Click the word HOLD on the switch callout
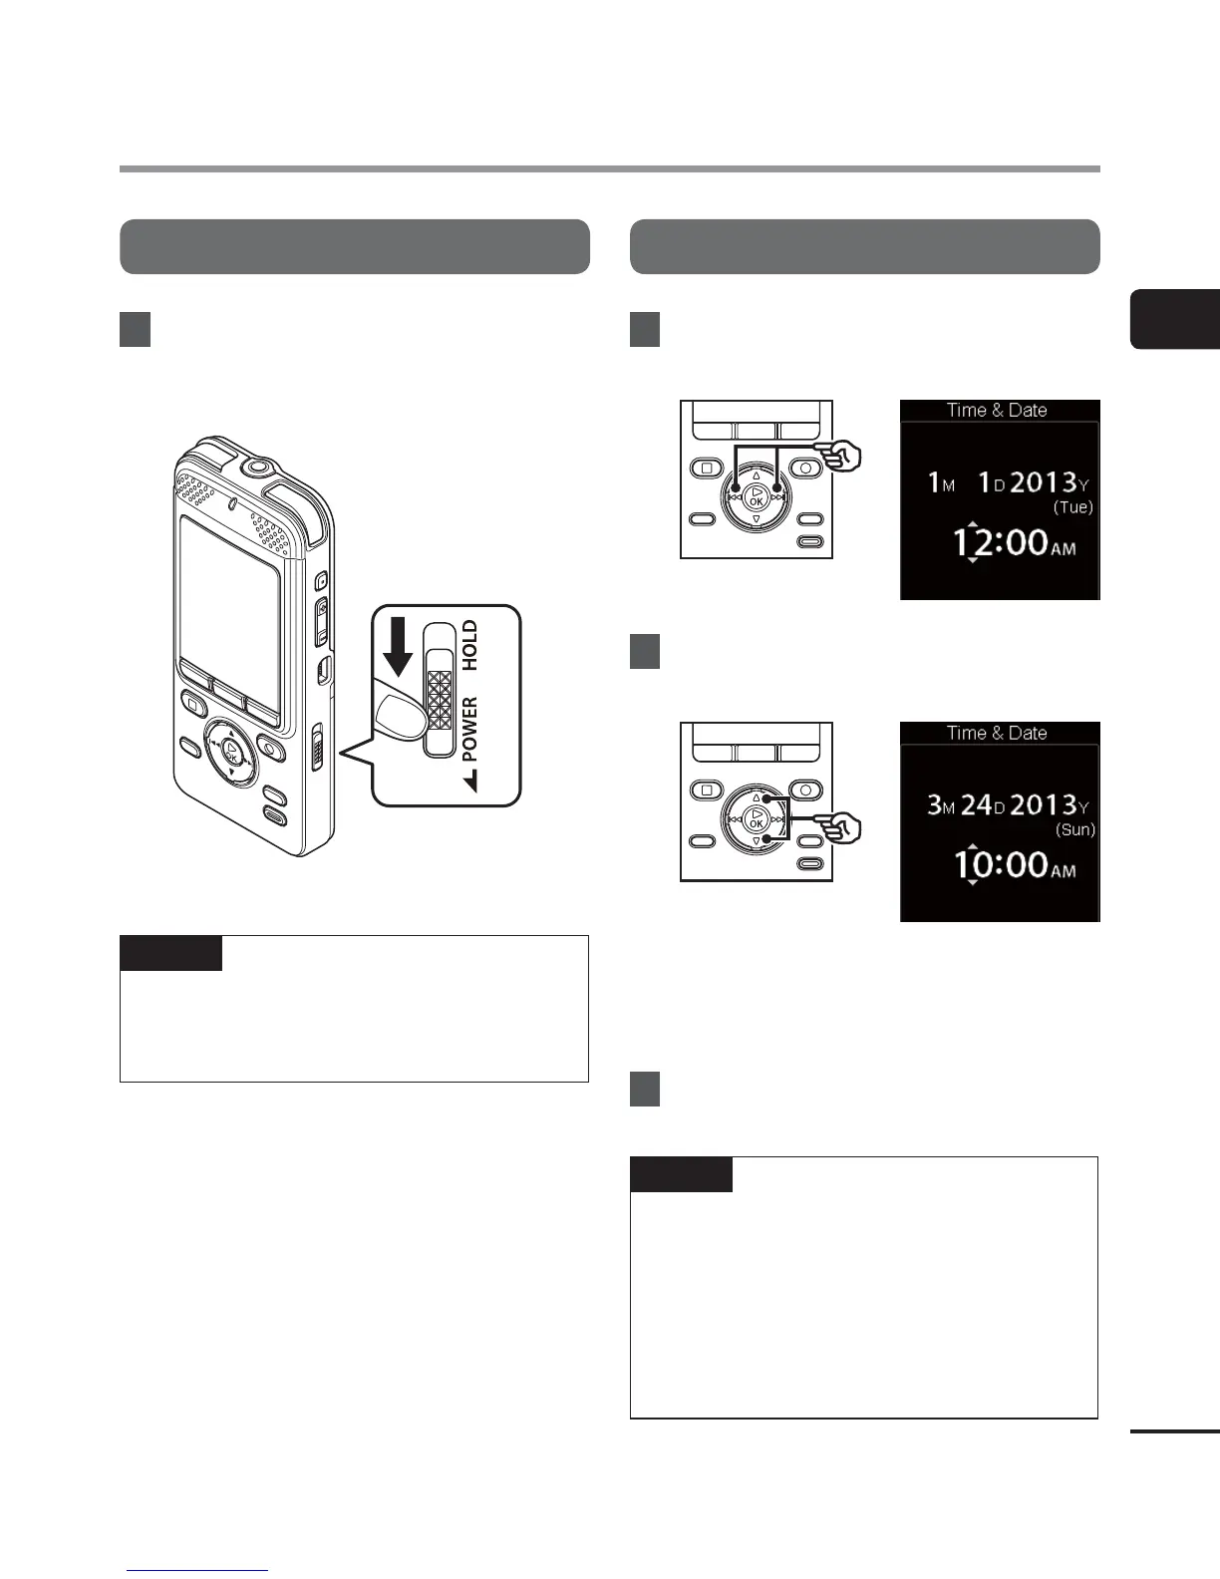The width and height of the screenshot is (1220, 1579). pyautogui.click(x=470, y=644)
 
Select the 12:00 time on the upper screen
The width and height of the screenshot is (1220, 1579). pyautogui.click(x=1000, y=543)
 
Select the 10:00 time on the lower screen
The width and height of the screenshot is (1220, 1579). pyautogui.click(x=1000, y=864)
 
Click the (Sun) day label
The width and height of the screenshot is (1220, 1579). pyautogui.click(x=1074, y=829)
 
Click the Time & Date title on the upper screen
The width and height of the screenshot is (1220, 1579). pyautogui.click(x=997, y=410)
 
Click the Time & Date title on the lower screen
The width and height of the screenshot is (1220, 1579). pyautogui.click(x=997, y=733)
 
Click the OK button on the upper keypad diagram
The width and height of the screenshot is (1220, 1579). pyautogui.click(x=756, y=496)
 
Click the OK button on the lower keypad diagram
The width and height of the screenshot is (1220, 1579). pyautogui.click(x=756, y=819)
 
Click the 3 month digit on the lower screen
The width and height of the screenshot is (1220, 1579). pyautogui.click(x=934, y=804)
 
